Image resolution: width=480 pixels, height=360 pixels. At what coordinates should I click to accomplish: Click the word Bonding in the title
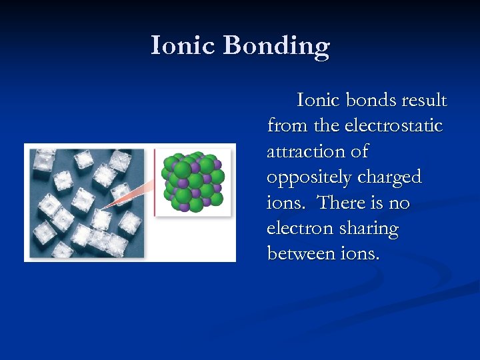click(276, 47)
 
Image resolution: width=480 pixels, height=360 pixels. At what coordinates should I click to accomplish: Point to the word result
click(424, 101)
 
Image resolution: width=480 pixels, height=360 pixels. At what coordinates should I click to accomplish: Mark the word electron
click(298, 229)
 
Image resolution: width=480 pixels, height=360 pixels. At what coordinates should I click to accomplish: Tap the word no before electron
click(399, 203)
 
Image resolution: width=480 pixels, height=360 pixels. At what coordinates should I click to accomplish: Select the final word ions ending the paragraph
click(360, 254)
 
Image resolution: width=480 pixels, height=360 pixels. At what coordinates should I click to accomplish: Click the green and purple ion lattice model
click(193, 181)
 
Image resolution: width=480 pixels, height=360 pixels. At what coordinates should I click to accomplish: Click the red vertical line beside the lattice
click(155, 181)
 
